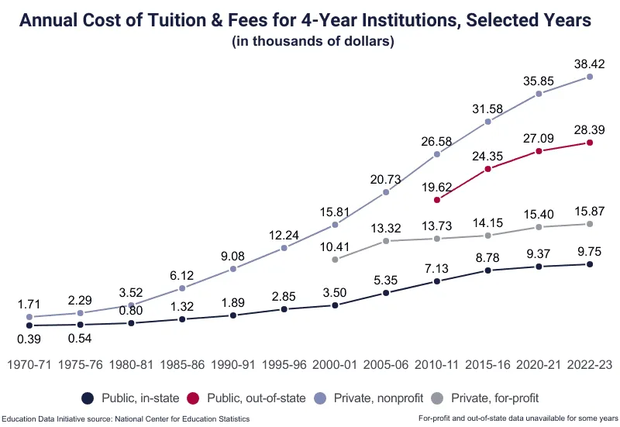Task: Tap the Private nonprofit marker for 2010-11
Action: pos(437,154)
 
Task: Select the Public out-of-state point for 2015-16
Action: pos(488,169)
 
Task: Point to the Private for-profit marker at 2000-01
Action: pos(335,260)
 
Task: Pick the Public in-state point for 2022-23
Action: pos(590,264)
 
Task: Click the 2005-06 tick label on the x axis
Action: pos(385,363)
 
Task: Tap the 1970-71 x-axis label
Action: pos(29,363)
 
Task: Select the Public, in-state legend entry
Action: pos(130,398)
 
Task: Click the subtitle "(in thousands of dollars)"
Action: pos(313,41)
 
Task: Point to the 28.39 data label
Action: pos(590,129)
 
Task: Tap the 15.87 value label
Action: pos(590,210)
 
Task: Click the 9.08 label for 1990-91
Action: pos(233,254)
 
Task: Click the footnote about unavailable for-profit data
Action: pos(516,419)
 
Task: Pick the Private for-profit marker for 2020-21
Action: pos(539,227)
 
